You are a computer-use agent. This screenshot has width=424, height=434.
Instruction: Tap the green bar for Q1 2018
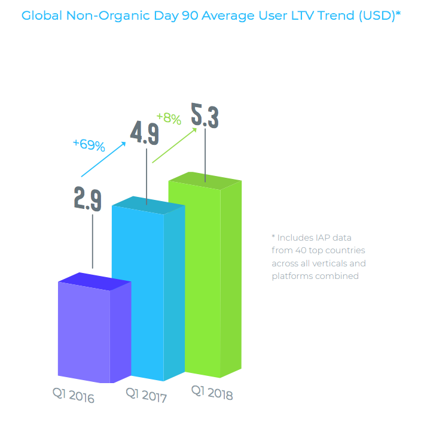click(x=203, y=275)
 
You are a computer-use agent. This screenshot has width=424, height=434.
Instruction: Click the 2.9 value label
click(x=87, y=198)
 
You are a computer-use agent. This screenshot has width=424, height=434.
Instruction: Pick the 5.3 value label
click(x=205, y=116)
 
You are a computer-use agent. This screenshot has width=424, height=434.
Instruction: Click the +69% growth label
click(x=89, y=145)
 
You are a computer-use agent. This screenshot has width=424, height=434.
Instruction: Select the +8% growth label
click(x=169, y=119)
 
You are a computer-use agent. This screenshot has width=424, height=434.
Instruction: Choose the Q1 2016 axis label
click(x=72, y=395)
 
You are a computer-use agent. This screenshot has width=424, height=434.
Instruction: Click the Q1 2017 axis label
click(x=146, y=394)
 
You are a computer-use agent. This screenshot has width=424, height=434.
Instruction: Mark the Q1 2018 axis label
click(x=212, y=393)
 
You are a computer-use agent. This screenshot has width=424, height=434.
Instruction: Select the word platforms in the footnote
click(x=292, y=276)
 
